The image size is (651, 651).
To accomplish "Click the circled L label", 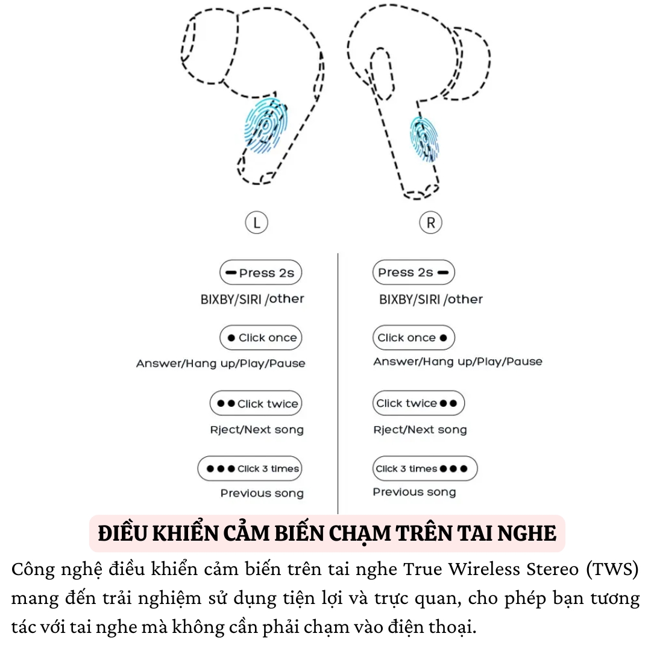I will point(257,223).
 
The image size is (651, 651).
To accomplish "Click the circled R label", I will point(430,223).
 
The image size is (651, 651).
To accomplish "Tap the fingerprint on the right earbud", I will point(425,139).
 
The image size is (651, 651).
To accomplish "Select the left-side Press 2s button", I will point(260,273).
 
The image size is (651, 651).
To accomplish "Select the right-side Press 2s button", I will point(414,273).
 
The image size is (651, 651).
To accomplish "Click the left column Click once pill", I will point(260,338).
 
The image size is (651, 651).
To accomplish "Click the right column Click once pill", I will point(414,338).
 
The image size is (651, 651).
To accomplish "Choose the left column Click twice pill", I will point(256,403).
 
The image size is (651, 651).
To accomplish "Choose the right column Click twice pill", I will point(418,403).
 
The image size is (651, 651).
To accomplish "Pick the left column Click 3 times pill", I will point(250,468).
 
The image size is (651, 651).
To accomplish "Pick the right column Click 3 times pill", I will point(424,468).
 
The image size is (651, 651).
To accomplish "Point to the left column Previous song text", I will point(262,493).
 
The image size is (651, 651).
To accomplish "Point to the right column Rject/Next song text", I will point(420,430).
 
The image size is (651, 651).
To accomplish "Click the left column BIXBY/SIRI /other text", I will point(252,299).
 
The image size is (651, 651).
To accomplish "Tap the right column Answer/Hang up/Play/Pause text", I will point(458,362).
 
